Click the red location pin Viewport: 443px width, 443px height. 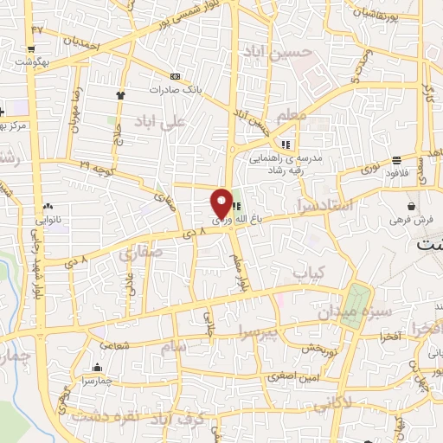click(221, 203)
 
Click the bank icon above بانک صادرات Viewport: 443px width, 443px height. click(176, 76)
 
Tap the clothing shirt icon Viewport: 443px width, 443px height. click(120, 95)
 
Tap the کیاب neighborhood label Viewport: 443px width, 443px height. click(307, 273)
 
